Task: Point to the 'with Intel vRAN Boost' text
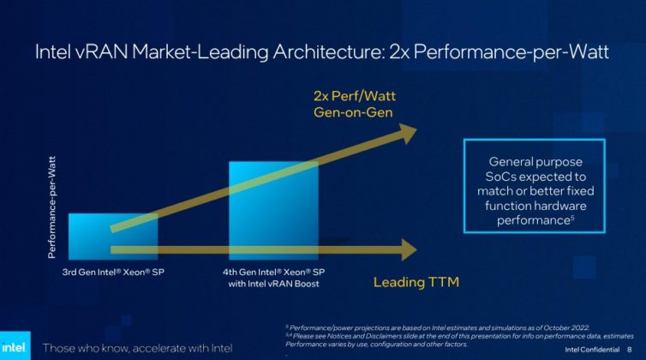click(x=272, y=284)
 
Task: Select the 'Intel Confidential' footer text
click(x=591, y=349)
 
